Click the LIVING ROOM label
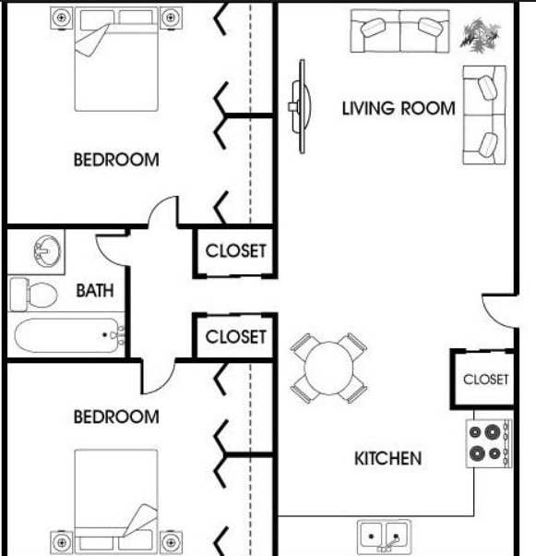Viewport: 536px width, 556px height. [x=399, y=108]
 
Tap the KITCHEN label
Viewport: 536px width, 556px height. [x=387, y=458]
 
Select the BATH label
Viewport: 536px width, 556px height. [x=95, y=291]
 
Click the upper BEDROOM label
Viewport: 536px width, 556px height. [x=115, y=160]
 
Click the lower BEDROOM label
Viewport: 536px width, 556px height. [x=115, y=417]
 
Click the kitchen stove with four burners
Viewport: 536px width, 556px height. [x=488, y=442]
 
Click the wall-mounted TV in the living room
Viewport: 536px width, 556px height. [x=297, y=107]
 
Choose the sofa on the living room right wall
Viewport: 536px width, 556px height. [x=483, y=115]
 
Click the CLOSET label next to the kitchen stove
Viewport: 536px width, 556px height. [x=485, y=379]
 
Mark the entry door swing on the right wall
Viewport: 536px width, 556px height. [x=498, y=311]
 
